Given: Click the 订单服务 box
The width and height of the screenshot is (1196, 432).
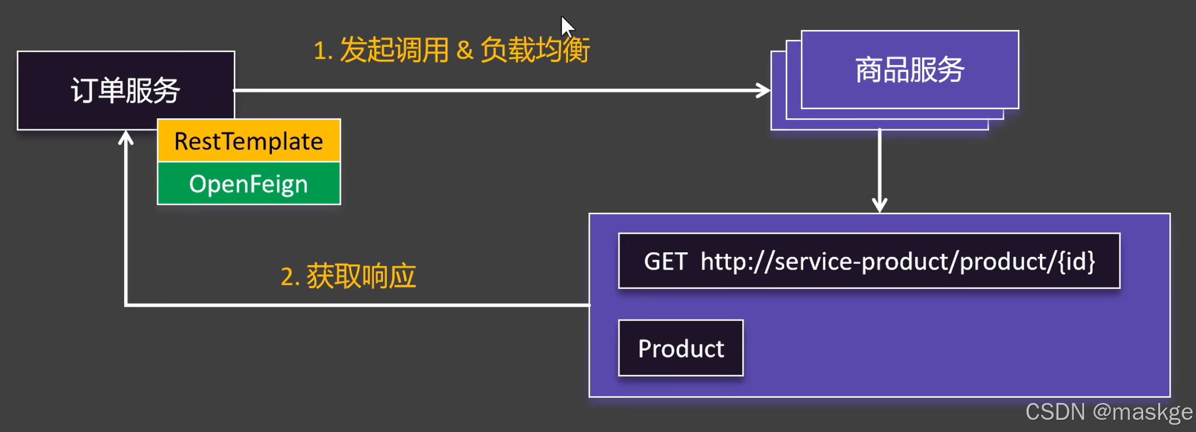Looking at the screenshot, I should click(126, 90).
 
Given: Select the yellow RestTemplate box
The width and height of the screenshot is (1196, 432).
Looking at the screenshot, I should click(249, 141).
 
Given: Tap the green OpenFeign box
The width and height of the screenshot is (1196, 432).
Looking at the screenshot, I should click(249, 184).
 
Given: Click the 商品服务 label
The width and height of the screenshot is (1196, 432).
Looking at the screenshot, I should click(909, 70).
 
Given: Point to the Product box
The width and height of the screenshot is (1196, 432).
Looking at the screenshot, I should click(681, 348).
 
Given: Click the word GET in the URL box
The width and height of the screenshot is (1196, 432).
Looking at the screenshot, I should click(665, 262).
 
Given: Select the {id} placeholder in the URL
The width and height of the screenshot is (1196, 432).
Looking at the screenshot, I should click(1077, 262).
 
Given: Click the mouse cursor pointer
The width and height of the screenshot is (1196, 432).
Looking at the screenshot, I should click(566, 26).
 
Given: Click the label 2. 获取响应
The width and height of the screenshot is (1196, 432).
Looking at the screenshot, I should click(348, 276).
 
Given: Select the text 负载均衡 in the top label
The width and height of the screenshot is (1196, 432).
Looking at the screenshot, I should click(535, 50).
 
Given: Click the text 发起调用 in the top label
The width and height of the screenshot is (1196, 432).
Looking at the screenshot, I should click(394, 50).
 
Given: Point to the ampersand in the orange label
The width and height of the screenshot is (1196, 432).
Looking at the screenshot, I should click(465, 50).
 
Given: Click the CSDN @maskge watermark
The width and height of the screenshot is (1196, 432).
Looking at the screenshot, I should click(1108, 412).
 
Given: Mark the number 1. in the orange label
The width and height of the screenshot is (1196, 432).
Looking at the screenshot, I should click(322, 51).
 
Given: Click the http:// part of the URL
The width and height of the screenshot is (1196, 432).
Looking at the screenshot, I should click(736, 262).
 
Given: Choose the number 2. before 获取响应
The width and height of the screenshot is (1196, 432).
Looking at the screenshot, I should click(289, 277).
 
